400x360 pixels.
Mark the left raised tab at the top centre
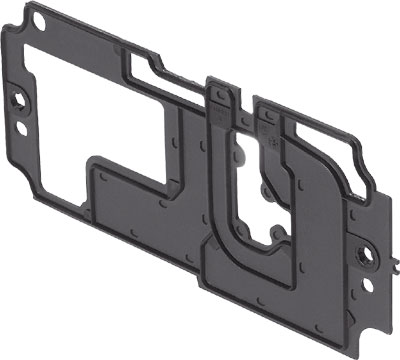[x=222, y=100]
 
